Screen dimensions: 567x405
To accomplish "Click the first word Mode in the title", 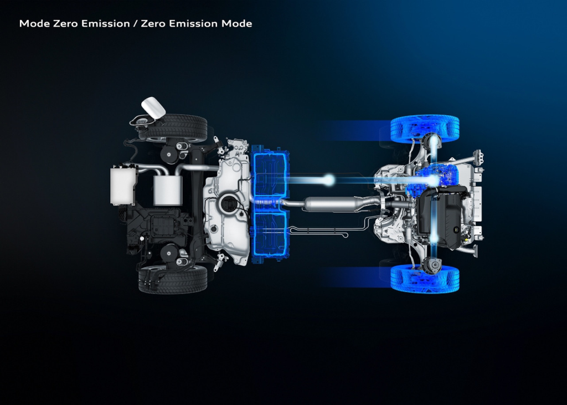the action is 35,24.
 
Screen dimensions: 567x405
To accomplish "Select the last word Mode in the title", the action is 237,24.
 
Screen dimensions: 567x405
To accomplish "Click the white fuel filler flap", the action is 153,107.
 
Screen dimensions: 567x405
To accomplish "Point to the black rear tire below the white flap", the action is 173,128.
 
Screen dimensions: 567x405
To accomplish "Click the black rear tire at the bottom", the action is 173,279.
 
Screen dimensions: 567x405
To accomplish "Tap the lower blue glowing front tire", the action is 425,278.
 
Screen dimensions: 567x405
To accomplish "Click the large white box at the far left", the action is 122,185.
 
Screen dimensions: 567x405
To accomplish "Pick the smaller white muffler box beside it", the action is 167,191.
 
